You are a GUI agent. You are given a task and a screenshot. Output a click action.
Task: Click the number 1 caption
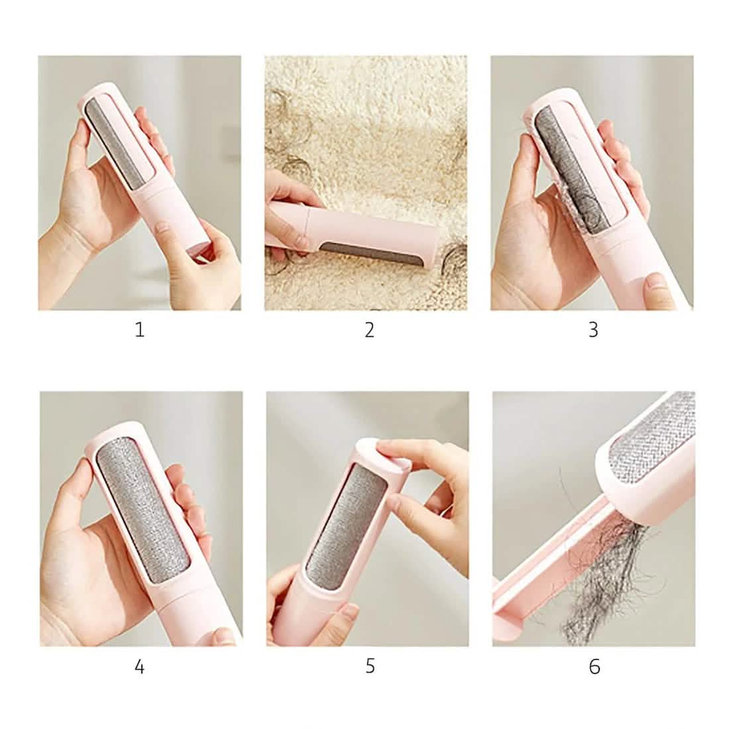coord(139,329)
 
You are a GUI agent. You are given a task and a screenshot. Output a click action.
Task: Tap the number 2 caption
coord(369,329)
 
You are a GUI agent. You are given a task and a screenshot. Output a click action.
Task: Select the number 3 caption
coord(593,329)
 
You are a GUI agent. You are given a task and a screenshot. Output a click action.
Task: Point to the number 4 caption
coord(139,666)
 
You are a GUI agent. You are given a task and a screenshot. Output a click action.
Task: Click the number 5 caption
coord(370,666)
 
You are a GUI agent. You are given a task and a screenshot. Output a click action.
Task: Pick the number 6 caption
coord(594,666)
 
